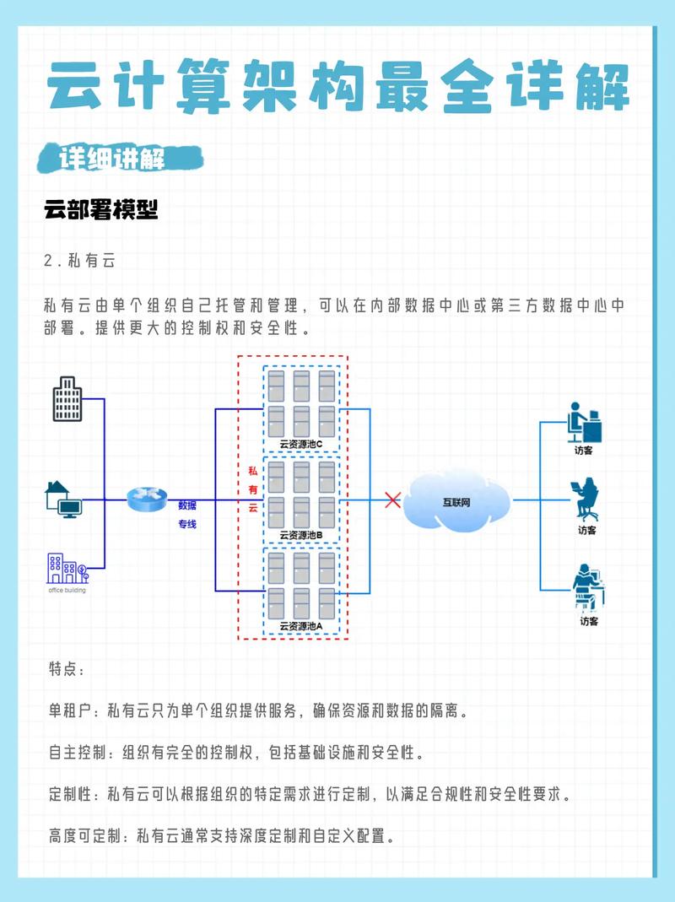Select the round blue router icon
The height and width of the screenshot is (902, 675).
[x=148, y=500]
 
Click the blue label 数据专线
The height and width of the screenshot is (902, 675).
[x=186, y=515]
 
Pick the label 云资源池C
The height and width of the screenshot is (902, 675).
[x=300, y=445]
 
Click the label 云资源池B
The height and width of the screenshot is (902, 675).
[x=300, y=535]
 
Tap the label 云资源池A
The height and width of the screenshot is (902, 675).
[x=300, y=626]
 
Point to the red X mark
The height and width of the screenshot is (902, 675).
[x=392, y=500]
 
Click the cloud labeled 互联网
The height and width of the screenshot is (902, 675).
[x=456, y=501]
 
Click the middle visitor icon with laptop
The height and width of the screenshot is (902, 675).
[x=586, y=500]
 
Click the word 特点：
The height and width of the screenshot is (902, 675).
[x=67, y=670]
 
